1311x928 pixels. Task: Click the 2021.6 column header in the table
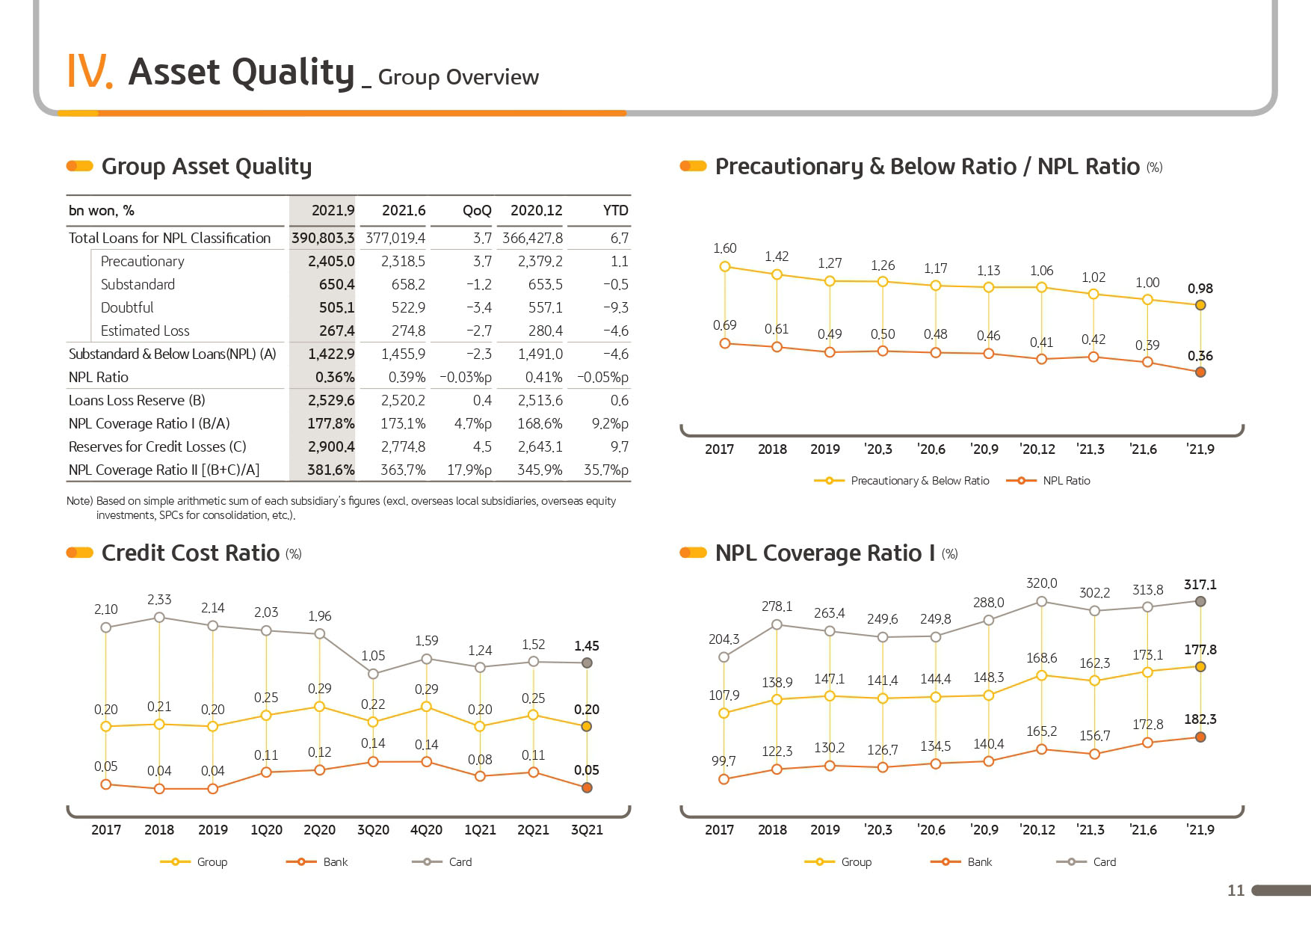(404, 210)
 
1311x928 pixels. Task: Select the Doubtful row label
(127, 307)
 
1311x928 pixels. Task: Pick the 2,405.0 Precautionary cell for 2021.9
(331, 261)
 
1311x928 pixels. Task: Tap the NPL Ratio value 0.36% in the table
(335, 377)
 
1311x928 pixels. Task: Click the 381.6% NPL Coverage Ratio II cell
(331, 470)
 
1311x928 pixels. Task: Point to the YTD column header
(616, 210)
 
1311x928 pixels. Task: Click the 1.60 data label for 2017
(724, 248)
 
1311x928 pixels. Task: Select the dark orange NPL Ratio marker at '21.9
(1200, 372)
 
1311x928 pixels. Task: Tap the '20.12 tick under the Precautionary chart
(1037, 449)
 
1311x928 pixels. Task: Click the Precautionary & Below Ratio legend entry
(901, 481)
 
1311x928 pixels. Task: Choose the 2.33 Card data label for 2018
(159, 599)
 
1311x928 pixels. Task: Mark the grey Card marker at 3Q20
(373, 674)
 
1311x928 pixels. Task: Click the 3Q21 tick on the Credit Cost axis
(587, 829)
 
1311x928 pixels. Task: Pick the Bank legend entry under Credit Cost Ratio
(317, 862)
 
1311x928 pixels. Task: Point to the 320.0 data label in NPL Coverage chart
(1041, 583)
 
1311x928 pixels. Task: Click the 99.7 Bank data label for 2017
(724, 760)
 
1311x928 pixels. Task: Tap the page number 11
(1236, 890)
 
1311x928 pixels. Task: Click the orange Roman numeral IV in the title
(90, 71)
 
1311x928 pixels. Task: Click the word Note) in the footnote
(79, 501)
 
